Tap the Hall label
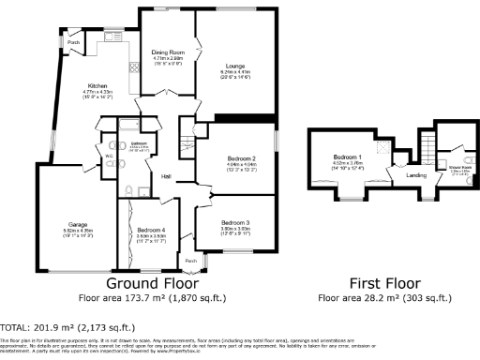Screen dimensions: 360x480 coord(166,177)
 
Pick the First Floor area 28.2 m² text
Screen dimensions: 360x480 coord(384,298)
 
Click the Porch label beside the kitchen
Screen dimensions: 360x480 coord(73,42)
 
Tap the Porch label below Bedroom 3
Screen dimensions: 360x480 coord(191,261)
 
